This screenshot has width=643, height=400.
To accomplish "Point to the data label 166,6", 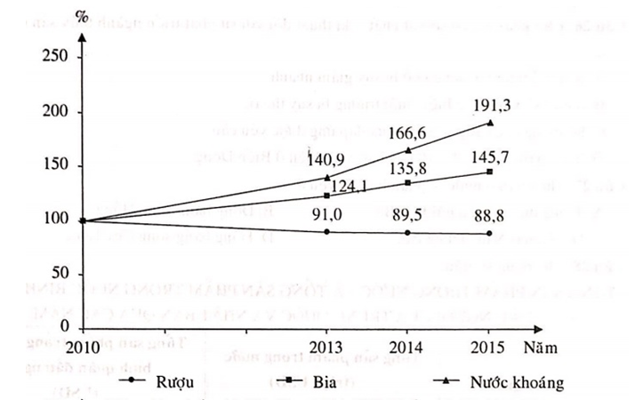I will (x=410, y=132).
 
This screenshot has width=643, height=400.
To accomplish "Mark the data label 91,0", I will (x=331, y=213).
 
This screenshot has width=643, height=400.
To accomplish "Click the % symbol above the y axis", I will (x=82, y=16).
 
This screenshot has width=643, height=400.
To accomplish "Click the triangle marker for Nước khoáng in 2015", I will (x=489, y=123).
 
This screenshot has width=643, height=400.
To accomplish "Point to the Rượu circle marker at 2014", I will (x=408, y=233).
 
